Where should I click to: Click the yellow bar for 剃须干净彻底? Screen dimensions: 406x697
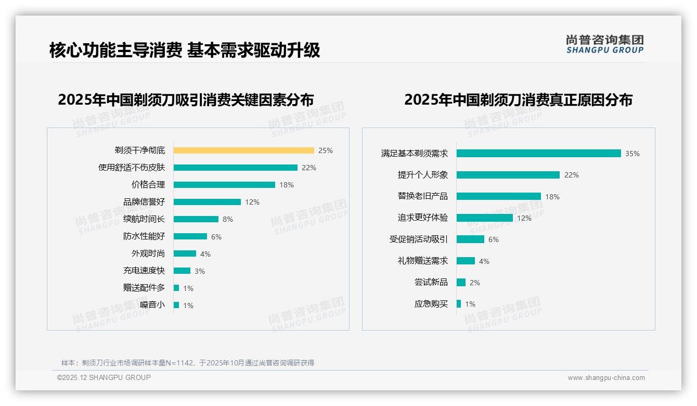[243, 150]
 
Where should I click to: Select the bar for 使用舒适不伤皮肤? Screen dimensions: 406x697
[235, 168]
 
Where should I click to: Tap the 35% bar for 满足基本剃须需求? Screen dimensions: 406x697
[538, 154]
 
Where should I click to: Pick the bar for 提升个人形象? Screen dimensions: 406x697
[508, 175]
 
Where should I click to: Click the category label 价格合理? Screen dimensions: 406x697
[148, 185]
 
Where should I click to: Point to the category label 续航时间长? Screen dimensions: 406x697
[144, 219]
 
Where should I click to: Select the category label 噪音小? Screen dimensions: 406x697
[152, 305]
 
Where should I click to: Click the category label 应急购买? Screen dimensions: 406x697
[431, 304]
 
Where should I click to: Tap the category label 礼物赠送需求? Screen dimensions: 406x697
[422, 261]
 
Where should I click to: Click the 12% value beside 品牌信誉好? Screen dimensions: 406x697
[252, 202]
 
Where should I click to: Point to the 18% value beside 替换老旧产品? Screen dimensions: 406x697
[552, 197]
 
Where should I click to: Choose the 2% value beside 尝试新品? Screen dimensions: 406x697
[474, 283]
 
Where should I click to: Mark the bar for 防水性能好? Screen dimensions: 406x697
[190, 236]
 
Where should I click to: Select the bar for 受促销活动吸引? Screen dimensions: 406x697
[470, 239]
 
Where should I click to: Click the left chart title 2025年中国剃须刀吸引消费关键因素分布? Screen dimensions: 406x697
[186, 99]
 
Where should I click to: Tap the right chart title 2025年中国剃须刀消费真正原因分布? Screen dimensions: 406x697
[518, 99]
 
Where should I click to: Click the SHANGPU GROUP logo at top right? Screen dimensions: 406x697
[604, 44]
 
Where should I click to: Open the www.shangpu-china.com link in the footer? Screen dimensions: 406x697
[606, 378]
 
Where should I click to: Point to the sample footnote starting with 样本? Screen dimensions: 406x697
[187, 363]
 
